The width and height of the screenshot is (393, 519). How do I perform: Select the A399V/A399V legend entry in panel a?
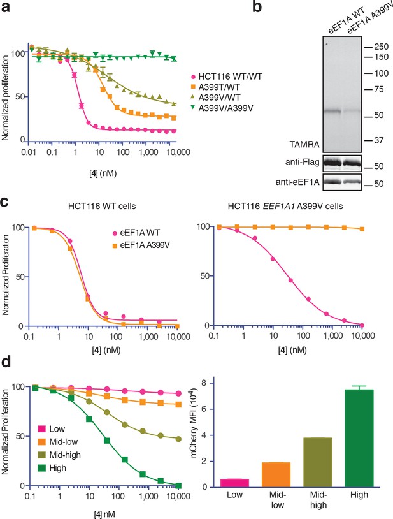[222, 108]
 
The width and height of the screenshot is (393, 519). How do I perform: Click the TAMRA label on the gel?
[304, 144]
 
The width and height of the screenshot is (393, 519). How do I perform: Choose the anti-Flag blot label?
[302, 163]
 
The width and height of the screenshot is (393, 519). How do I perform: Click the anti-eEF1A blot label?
[297, 182]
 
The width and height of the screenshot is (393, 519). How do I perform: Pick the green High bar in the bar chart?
[359, 438]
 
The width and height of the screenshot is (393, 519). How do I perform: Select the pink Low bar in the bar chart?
[234, 483]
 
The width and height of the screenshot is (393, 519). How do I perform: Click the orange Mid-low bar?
[276, 474]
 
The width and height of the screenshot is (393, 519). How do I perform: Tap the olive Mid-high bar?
[318, 462]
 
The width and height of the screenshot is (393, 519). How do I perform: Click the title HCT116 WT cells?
[102, 206]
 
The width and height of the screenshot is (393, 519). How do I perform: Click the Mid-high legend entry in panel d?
[59, 455]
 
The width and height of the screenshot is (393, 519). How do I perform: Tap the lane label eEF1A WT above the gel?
[347, 20]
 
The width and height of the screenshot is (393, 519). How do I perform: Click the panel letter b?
[257, 6]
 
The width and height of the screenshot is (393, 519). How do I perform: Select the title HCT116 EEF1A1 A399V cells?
[285, 206]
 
